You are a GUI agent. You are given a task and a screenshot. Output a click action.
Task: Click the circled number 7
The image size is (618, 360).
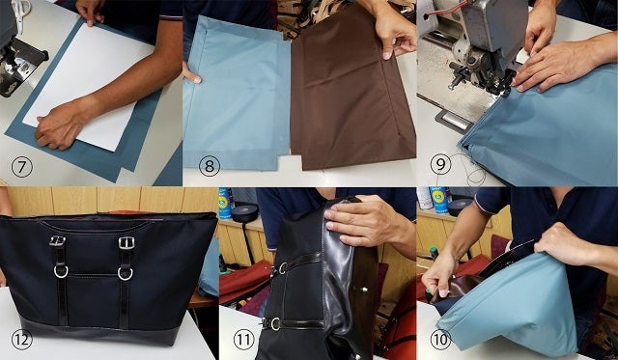point(21,167)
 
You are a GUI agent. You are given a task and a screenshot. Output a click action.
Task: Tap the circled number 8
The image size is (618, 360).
point(210,166)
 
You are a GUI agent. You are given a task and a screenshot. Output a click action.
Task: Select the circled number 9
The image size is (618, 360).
point(440,164)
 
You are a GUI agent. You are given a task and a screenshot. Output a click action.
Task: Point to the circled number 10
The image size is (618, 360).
point(440,340)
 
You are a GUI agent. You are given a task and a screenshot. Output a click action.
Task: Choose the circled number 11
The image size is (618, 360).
point(244,340)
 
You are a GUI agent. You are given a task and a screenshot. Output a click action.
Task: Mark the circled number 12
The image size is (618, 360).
point(21,340)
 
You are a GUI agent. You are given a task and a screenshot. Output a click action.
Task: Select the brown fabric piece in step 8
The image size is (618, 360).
point(352,91)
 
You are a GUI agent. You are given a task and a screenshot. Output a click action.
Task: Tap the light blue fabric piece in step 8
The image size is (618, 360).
point(236,95)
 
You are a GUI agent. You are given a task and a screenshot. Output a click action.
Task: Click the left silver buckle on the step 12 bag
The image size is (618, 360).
point(58,240)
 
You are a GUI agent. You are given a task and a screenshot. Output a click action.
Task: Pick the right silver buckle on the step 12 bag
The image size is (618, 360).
point(126,242)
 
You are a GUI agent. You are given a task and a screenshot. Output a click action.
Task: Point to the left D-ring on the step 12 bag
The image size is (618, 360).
point(61,272)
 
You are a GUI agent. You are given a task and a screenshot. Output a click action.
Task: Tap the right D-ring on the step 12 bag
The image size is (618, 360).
point(125,274)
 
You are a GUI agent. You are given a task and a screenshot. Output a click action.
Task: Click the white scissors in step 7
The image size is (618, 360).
point(20,13)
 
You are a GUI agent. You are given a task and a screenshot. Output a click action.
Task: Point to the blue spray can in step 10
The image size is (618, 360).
point(439,200)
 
